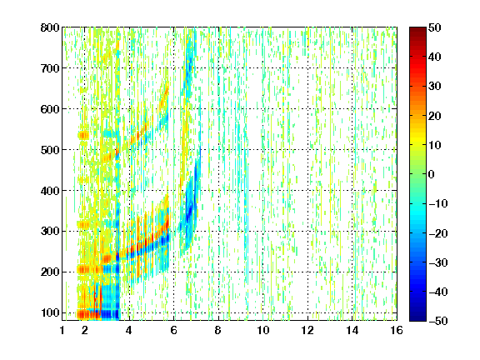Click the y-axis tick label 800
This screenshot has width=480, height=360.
pyautogui.click(x=50, y=27)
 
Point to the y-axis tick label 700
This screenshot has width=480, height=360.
pyautogui.click(x=50, y=68)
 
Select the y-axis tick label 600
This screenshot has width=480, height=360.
pyautogui.click(x=50, y=109)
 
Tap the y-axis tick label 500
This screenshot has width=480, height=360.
pyautogui.click(x=50, y=150)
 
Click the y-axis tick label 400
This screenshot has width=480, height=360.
pyautogui.click(x=50, y=191)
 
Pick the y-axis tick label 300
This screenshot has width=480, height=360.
pyautogui.click(x=50, y=232)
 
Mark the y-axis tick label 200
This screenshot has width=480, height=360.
pyautogui.click(x=50, y=272)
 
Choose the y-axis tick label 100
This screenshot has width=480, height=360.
pyautogui.click(x=50, y=312)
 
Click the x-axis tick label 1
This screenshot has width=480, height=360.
pyautogui.click(x=62, y=330)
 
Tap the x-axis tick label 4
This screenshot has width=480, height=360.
pyautogui.click(x=129, y=330)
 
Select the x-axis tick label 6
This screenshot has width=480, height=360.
pyautogui.click(x=173, y=330)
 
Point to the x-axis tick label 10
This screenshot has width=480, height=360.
pyautogui.click(x=262, y=330)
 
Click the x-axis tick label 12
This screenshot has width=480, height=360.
pyautogui.click(x=307, y=330)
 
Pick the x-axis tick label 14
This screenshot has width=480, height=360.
pyautogui.click(x=352, y=330)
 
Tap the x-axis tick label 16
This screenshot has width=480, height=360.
pyautogui.click(x=397, y=330)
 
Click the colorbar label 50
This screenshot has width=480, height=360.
pyautogui.click(x=434, y=27)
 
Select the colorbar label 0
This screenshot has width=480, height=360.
pyautogui.click(x=432, y=174)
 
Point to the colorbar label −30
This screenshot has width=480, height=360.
pyautogui.click(x=438, y=262)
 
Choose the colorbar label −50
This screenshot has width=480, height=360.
pyautogui.click(x=438, y=321)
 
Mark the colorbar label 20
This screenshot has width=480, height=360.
pyautogui.click(x=434, y=116)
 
